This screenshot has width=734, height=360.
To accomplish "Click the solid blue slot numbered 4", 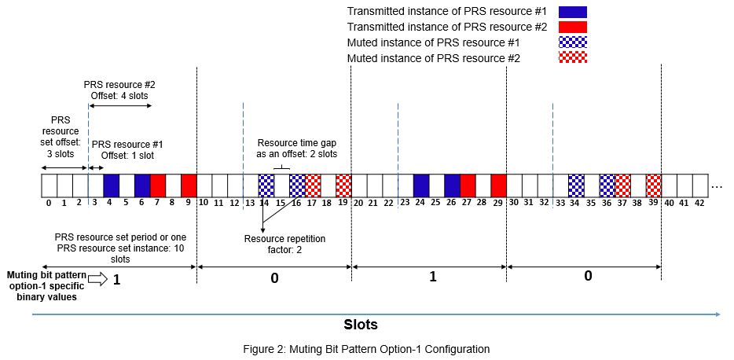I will click(111, 185).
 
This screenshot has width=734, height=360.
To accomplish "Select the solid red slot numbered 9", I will click(189, 185).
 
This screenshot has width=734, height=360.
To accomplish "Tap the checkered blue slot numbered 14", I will click(266, 185).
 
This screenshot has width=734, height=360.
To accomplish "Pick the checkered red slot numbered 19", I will click(343, 185).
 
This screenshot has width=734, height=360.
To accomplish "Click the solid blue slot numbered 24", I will click(421, 185).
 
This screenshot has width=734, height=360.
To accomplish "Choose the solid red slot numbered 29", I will click(498, 185).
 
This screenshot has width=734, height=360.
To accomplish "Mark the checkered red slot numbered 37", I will click(622, 185).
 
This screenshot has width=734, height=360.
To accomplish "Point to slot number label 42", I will click(700, 203).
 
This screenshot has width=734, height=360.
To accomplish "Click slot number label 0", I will click(49, 203).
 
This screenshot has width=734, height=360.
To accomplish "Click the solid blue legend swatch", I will click(572, 12).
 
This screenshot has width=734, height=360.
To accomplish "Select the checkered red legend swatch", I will click(572, 57).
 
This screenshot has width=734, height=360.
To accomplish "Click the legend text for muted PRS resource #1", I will click(446, 42).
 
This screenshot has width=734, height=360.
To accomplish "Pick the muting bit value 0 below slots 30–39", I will click(588, 277).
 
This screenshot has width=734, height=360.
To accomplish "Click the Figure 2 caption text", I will click(366, 349).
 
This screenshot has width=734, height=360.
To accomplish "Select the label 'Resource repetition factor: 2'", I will click(273, 244).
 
